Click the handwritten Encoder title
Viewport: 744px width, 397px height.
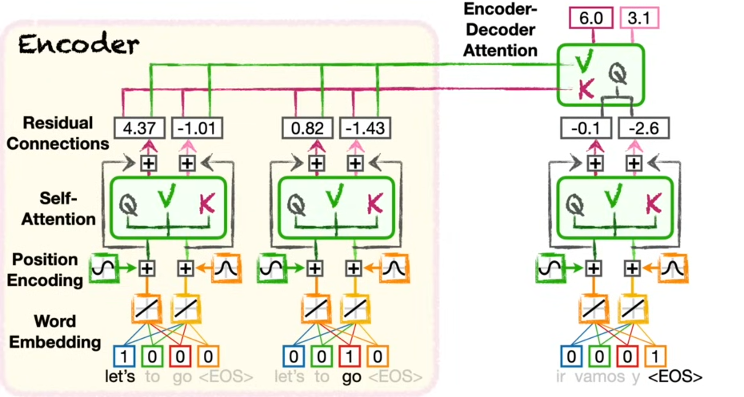click(79, 45)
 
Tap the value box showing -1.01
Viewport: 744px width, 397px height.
click(197, 129)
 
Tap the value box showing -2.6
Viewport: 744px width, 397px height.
click(644, 129)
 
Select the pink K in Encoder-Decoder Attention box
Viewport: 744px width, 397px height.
click(586, 89)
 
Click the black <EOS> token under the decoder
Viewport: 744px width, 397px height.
click(675, 377)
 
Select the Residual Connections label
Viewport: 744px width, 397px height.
click(58, 133)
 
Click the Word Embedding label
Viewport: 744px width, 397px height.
click(55, 331)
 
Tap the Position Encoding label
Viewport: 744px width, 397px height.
click(45, 269)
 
